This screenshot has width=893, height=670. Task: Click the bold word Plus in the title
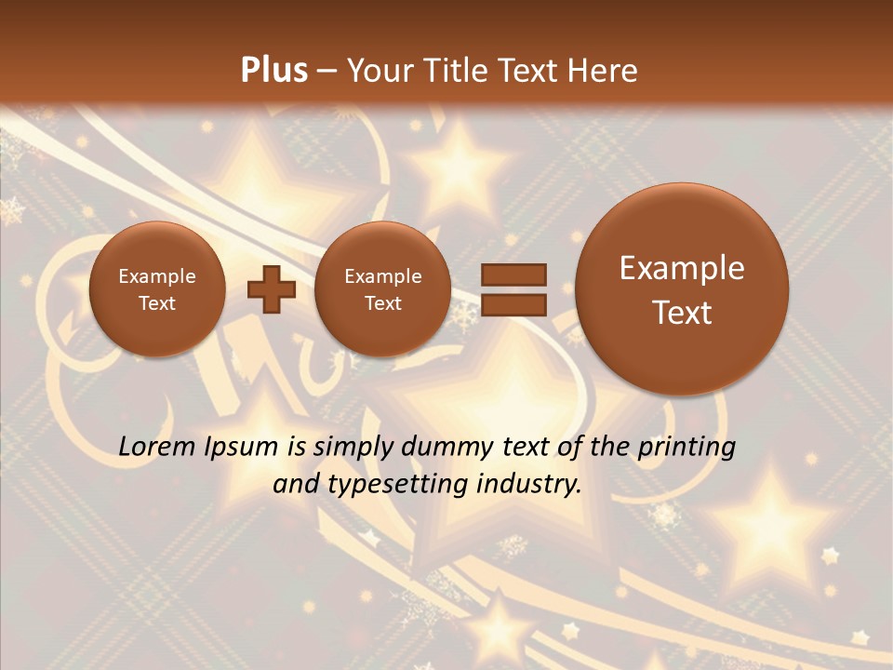pyautogui.click(x=273, y=71)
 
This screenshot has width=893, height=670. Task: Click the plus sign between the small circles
pyautogui.click(x=271, y=288)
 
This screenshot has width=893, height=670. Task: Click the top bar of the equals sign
pyautogui.click(x=513, y=275)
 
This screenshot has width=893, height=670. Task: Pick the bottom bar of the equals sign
pyautogui.click(x=513, y=303)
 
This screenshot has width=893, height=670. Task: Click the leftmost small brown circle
pyautogui.click(x=157, y=289)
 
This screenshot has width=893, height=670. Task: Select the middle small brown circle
pyautogui.click(x=383, y=289)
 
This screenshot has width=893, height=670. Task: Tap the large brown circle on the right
pyautogui.click(x=682, y=289)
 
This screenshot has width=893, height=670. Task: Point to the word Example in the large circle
pyautogui.click(x=682, y=269)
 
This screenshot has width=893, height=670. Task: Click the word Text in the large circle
pyautogui.click(x=682, y=313)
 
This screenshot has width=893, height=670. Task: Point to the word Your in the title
pyautogui.click(x=382, y=71)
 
